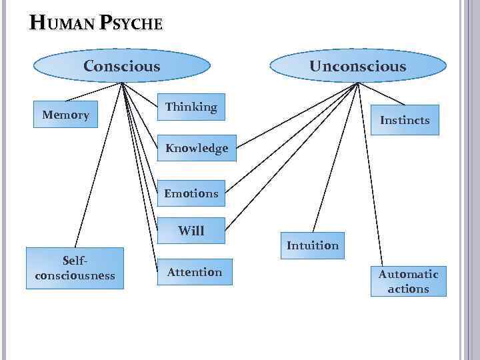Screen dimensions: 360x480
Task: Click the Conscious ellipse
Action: (121, 66)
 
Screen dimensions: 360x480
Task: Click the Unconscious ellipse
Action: (357, 66)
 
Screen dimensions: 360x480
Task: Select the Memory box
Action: (65, 115)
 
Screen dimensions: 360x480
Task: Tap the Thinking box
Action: (191, 107)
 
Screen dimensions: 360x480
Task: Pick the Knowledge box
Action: (196, 148)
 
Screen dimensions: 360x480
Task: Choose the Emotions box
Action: (191, 193)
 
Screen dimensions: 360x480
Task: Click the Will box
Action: (191, 231)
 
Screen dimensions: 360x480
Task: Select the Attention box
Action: (194, 272)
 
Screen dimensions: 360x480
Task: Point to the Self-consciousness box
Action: (75, 269)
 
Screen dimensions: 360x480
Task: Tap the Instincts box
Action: (405, 120)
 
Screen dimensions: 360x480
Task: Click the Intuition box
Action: (312, 245)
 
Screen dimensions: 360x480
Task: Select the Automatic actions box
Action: (408, 281)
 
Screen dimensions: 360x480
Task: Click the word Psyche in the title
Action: (131, 24)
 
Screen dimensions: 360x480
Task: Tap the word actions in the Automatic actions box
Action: (408, 289)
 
